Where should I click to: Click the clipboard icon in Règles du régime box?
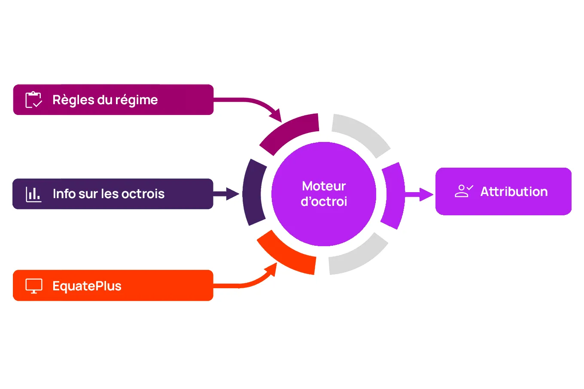pyautogui.click(x=33, y=100)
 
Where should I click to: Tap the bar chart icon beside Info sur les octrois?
pyautogui.click(x=33, y=194)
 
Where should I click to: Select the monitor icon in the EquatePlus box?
pyautogui.click(x=34, y=286)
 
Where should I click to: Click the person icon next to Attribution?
pyautogui.click(x=463, y=191)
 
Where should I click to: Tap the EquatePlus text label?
pyautogui.click(x=87, y=286)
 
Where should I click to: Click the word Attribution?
pyautogui.click(x=514, y=192)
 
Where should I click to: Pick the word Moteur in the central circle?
pyautogui.click(x=324, y=186)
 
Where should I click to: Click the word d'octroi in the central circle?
pyautogui.click(x=324, y=202)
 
